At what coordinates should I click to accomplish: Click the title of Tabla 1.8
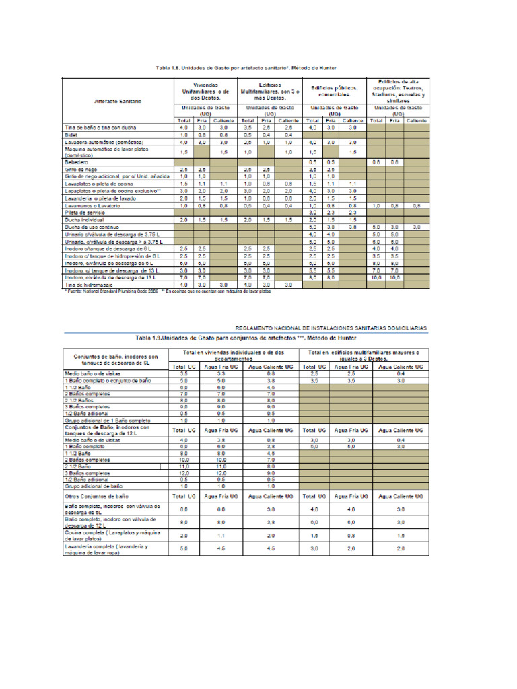pyautogui.click(x=251, y=68)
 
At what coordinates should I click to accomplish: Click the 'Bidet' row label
pyautogui.click(x=71, y=135)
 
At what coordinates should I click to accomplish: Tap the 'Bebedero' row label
pyautogui.click(x=77, y=162)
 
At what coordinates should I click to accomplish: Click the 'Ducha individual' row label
pyautogui.click(x=83, y=219)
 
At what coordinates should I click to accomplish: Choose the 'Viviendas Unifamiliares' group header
pyautogui.click(x=201, y=91)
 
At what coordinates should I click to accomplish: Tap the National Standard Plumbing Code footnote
pyautogui.click(x=111, y=291)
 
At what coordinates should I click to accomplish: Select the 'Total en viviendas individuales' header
pyautogui.click(x=235, y=355)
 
